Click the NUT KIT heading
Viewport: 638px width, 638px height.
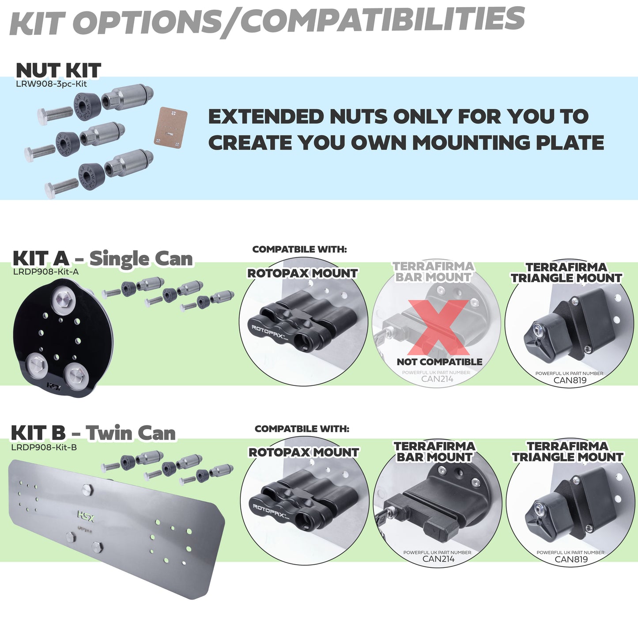click(x=58, y=71)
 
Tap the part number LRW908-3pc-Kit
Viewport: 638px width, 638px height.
click(x=51, y=84)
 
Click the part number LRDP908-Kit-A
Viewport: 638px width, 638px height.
click(x=46, y=272)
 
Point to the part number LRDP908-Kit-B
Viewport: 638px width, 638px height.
click(x=44, y=447)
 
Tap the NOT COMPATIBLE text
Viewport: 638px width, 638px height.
click(x=439, y=362)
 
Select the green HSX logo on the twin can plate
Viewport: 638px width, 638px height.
click(x=86, y=515)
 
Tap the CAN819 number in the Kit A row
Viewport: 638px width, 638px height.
click(x=570, y=380)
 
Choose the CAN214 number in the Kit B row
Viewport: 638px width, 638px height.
click(x=438, y=559)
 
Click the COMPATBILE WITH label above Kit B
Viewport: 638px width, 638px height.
click(x=302, y=429)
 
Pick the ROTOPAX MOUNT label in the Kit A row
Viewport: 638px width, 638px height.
click(x=302, y=273)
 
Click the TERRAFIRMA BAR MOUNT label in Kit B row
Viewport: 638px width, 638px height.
click(x=434, y=452)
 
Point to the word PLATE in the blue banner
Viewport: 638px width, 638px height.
click(x=570, y=143)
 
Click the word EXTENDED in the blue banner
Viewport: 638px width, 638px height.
click(x=266, y=117)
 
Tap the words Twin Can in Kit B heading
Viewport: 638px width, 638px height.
click(x=131, y=433)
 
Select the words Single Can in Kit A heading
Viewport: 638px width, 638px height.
click(x=141, y=259)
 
